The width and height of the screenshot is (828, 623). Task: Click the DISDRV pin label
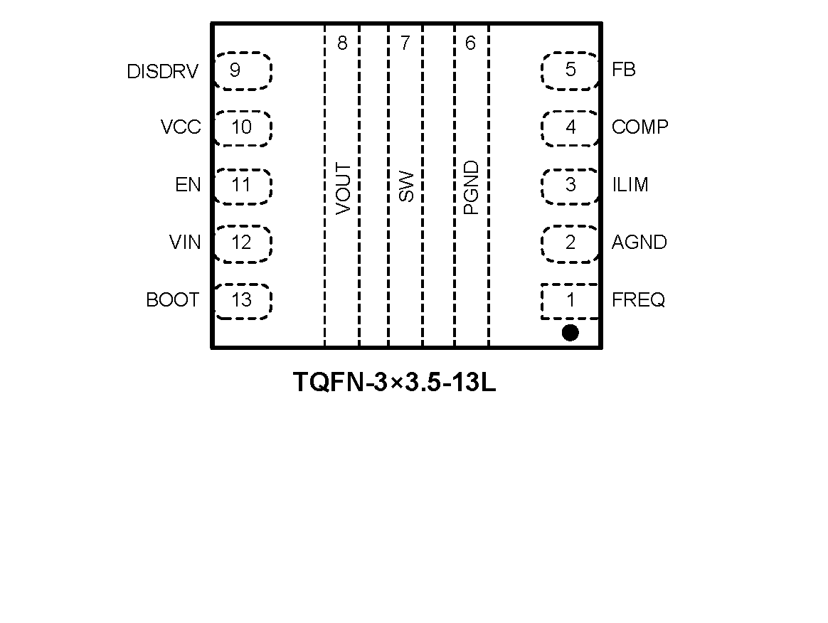(162, 72)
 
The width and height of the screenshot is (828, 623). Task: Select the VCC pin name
(181, 128)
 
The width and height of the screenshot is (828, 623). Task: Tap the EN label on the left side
(188, 186)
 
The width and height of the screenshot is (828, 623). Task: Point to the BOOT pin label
(172, 300)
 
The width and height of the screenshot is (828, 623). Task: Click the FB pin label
(623, 70)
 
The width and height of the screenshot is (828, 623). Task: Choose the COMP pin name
(639, 127)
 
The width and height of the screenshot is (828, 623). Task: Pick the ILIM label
(630, 185)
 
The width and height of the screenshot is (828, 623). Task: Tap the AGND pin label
(639, 243)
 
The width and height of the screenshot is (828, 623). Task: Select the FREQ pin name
(638, 300)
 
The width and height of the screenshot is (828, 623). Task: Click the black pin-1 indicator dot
(570, 332)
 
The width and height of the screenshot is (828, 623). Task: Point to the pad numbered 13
(242, 301)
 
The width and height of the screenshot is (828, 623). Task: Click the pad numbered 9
(242, 70)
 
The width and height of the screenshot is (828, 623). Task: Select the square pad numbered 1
(570, 301)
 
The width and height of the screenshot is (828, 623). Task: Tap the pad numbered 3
(570, 185)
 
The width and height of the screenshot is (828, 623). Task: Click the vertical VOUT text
(343, 188)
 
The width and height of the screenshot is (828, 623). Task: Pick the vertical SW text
(406, 186)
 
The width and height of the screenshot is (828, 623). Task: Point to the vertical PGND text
(471, 188)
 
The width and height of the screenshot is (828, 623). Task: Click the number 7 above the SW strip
(405, 44)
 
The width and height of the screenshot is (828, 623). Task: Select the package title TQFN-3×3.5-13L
(394, 383)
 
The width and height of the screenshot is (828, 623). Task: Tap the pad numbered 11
(242, 186)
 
